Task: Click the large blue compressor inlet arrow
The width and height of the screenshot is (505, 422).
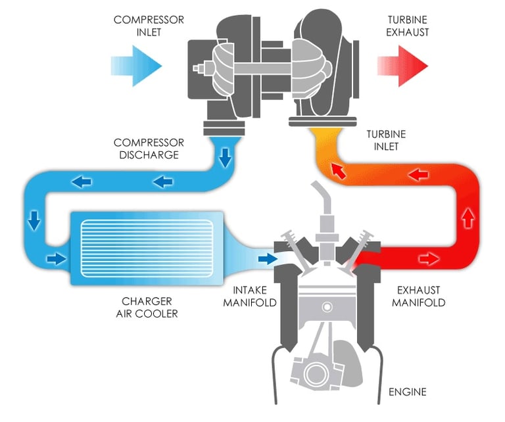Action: pos(136,66)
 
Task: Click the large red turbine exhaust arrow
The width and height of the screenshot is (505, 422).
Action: pos(403,66)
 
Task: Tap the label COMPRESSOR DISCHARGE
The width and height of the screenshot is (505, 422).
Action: pos(149,149)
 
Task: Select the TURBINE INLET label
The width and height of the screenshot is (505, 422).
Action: pos(386,141)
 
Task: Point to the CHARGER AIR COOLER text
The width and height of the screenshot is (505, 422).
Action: pos(147,308)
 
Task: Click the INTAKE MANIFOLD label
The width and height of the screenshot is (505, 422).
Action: pos(250,296)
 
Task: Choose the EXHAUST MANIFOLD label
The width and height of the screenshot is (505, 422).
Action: pos(418,296)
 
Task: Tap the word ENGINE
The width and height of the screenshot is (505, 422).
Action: pos(408,392)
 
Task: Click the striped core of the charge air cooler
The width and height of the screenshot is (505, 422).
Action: pos(147,248)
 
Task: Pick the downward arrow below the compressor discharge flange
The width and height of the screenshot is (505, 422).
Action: pos(225,157)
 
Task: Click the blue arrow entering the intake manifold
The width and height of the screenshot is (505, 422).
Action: pos(268,258)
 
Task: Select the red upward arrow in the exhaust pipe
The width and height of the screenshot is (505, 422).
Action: pos(468,218)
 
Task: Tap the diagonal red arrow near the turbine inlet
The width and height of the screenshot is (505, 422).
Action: pos(339,171)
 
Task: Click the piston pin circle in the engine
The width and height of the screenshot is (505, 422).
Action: pos(327,307)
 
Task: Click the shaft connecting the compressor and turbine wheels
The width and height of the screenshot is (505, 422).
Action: pos(262,68)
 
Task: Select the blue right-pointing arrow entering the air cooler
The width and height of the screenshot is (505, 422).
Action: pos(57,258)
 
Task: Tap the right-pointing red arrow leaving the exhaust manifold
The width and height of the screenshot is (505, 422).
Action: pos(429,258)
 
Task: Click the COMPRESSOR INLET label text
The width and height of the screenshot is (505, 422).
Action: pos(149,26)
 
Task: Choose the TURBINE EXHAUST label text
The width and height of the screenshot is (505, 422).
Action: pos(408,26)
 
